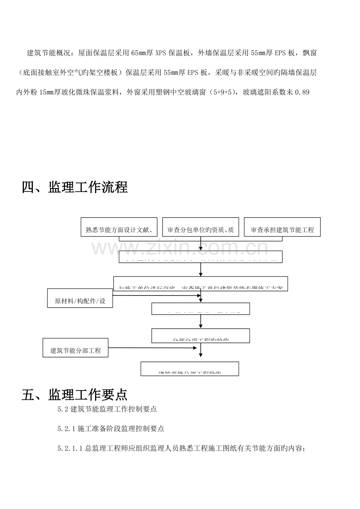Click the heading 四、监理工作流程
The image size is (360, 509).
point(75,187)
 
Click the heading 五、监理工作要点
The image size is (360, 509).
point(75,394)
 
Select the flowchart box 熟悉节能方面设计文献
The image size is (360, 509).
point(119,227)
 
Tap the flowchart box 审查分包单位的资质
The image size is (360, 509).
point(200,227)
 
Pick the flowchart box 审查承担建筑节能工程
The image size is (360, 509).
point(282,227)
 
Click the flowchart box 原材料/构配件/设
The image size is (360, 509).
point(80,298)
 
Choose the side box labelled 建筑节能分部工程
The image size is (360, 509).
point(76,348)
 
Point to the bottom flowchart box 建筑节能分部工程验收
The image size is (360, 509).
point(190,369)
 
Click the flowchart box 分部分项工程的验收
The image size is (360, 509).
point(200,336)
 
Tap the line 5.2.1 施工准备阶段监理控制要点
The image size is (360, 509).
point(110,429)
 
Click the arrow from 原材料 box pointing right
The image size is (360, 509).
point(157,296)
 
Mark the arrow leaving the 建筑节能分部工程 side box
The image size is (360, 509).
point(153,347)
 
